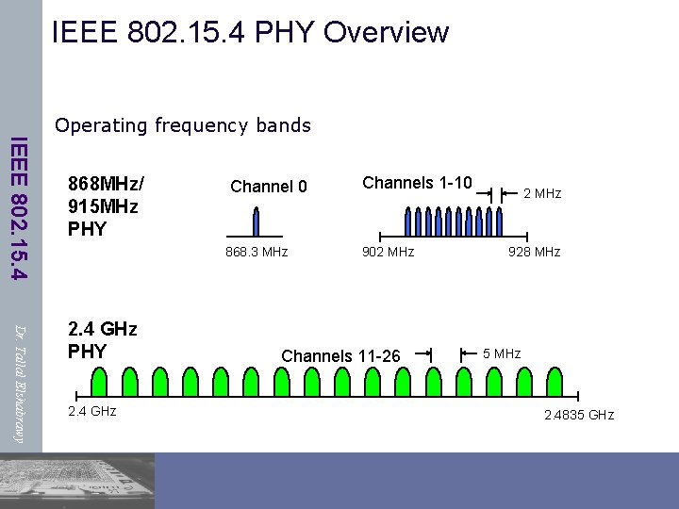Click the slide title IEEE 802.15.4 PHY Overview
coord(250,32)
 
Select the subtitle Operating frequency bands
coord(183,125)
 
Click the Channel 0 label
coord(269,187)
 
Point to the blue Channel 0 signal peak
coord(255,222)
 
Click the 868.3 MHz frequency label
coord(256,252)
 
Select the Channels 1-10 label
coord(417,182)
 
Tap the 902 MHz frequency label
coord(389,252)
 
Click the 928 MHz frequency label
coord(534,252)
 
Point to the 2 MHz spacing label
coord(542,193)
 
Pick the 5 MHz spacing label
coord(502,353)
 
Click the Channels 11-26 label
coord(341,356)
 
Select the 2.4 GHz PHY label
coord(103,340)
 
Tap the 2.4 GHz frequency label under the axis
coord(91,411)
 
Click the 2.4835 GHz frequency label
coord(578,415)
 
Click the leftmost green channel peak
coord(100,382)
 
